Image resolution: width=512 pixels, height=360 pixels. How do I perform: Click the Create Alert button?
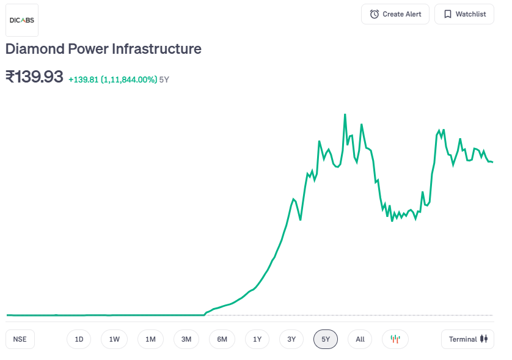[395, 14]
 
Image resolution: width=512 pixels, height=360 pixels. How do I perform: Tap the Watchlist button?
[464, 14]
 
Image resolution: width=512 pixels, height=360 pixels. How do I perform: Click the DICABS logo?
[22, 20]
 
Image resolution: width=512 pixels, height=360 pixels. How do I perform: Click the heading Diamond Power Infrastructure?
[103, 49]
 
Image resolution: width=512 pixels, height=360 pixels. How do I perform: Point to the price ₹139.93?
[34, 77]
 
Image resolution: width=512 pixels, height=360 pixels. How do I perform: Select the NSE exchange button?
[20, 339]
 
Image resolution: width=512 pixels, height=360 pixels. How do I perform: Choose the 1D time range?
[79, 339]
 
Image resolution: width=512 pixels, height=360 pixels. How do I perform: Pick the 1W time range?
[114, 339]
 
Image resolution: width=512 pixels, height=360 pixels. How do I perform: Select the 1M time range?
[150, 339]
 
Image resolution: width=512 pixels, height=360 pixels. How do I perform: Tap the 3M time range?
[186, 339]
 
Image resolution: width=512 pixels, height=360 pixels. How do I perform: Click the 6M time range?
[222, 339]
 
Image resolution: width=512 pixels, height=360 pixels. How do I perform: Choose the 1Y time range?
[257, 339]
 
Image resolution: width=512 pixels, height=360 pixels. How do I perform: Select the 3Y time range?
[291, 339]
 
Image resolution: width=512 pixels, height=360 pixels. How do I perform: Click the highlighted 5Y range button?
[326, 339]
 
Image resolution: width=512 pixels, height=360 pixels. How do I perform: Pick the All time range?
[360, 339]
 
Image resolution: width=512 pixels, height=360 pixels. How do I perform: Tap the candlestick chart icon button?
[395, 339]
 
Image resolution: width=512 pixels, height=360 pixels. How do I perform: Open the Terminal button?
[467, 339]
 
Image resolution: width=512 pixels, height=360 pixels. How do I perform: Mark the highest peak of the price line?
[345, 114]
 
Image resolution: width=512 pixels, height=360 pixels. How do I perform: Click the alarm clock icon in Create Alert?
[375, 14]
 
